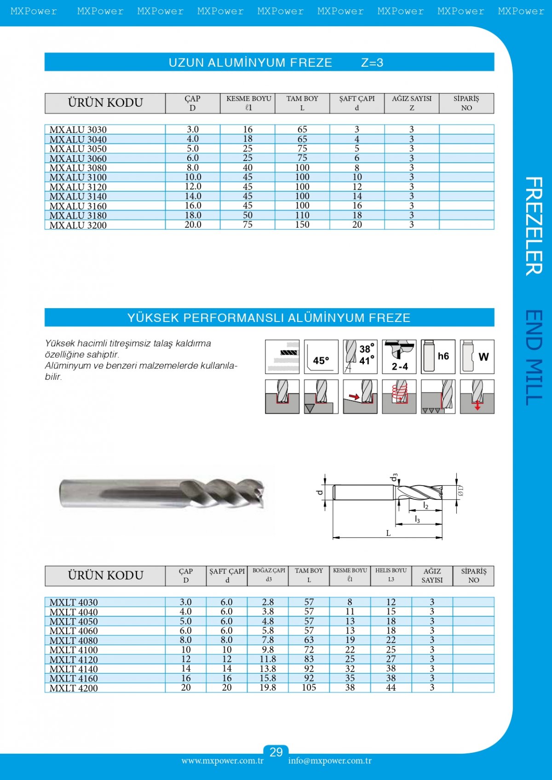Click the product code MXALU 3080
[78, 168]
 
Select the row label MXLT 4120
[74, 660]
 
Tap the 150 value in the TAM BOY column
[302, 225]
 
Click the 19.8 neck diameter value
[268, 688]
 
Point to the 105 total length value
[309, 688]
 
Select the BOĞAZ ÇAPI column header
[269, 575]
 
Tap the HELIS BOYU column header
[391, 575]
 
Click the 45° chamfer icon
[321, 357]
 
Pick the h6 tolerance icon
[438, 357]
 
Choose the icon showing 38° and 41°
[360, 357]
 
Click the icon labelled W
[477, 357]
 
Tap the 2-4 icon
[399, 357]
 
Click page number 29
[276, 752]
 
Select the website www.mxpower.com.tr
[222, 761]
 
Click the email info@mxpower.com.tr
[330, 761]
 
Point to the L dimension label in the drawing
[388, 533]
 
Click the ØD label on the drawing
[460, 491]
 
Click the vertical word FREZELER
[534, 226]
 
